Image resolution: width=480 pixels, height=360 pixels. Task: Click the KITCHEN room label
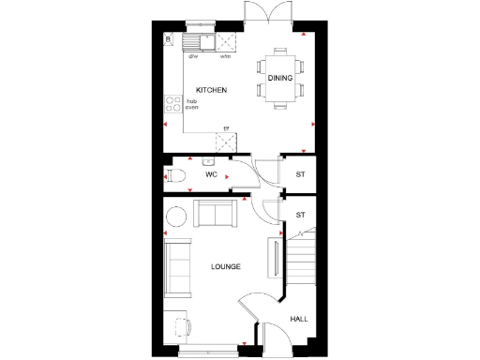(211, 89)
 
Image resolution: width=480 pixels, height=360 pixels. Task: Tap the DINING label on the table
(280, 79)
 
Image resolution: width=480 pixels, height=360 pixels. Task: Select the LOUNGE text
(226, 267)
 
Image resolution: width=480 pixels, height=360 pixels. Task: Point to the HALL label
(298, 320)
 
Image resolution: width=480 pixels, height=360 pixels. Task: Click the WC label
(211, 174)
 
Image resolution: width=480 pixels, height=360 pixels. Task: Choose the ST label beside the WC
(300, 174)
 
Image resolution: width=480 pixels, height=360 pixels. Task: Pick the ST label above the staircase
(300, 215)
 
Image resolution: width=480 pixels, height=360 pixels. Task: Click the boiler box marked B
(168, 39)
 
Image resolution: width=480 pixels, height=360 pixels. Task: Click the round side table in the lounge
(176, 217)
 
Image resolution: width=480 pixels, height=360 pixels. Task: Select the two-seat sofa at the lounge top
(216, 214)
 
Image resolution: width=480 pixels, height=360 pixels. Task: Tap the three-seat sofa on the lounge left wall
(176, 267)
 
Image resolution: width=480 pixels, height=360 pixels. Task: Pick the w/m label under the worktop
(225, 56)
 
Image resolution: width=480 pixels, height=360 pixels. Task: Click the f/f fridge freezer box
(225, 141)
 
